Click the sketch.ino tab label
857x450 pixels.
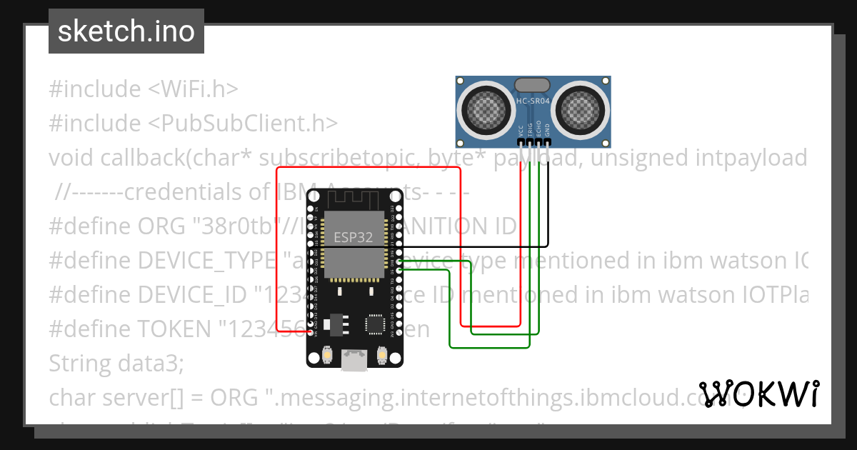(126, 31)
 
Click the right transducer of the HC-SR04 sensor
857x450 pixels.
(580, 108)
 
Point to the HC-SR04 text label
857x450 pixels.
(533, 102)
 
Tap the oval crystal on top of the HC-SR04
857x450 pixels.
(533, 86)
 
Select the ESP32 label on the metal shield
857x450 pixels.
(354, 238)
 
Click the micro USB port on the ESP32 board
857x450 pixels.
(354, 361)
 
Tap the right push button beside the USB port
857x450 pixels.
(381, 355)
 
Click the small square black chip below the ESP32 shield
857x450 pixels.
(375, 324)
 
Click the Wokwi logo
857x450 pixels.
(758, 394)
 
